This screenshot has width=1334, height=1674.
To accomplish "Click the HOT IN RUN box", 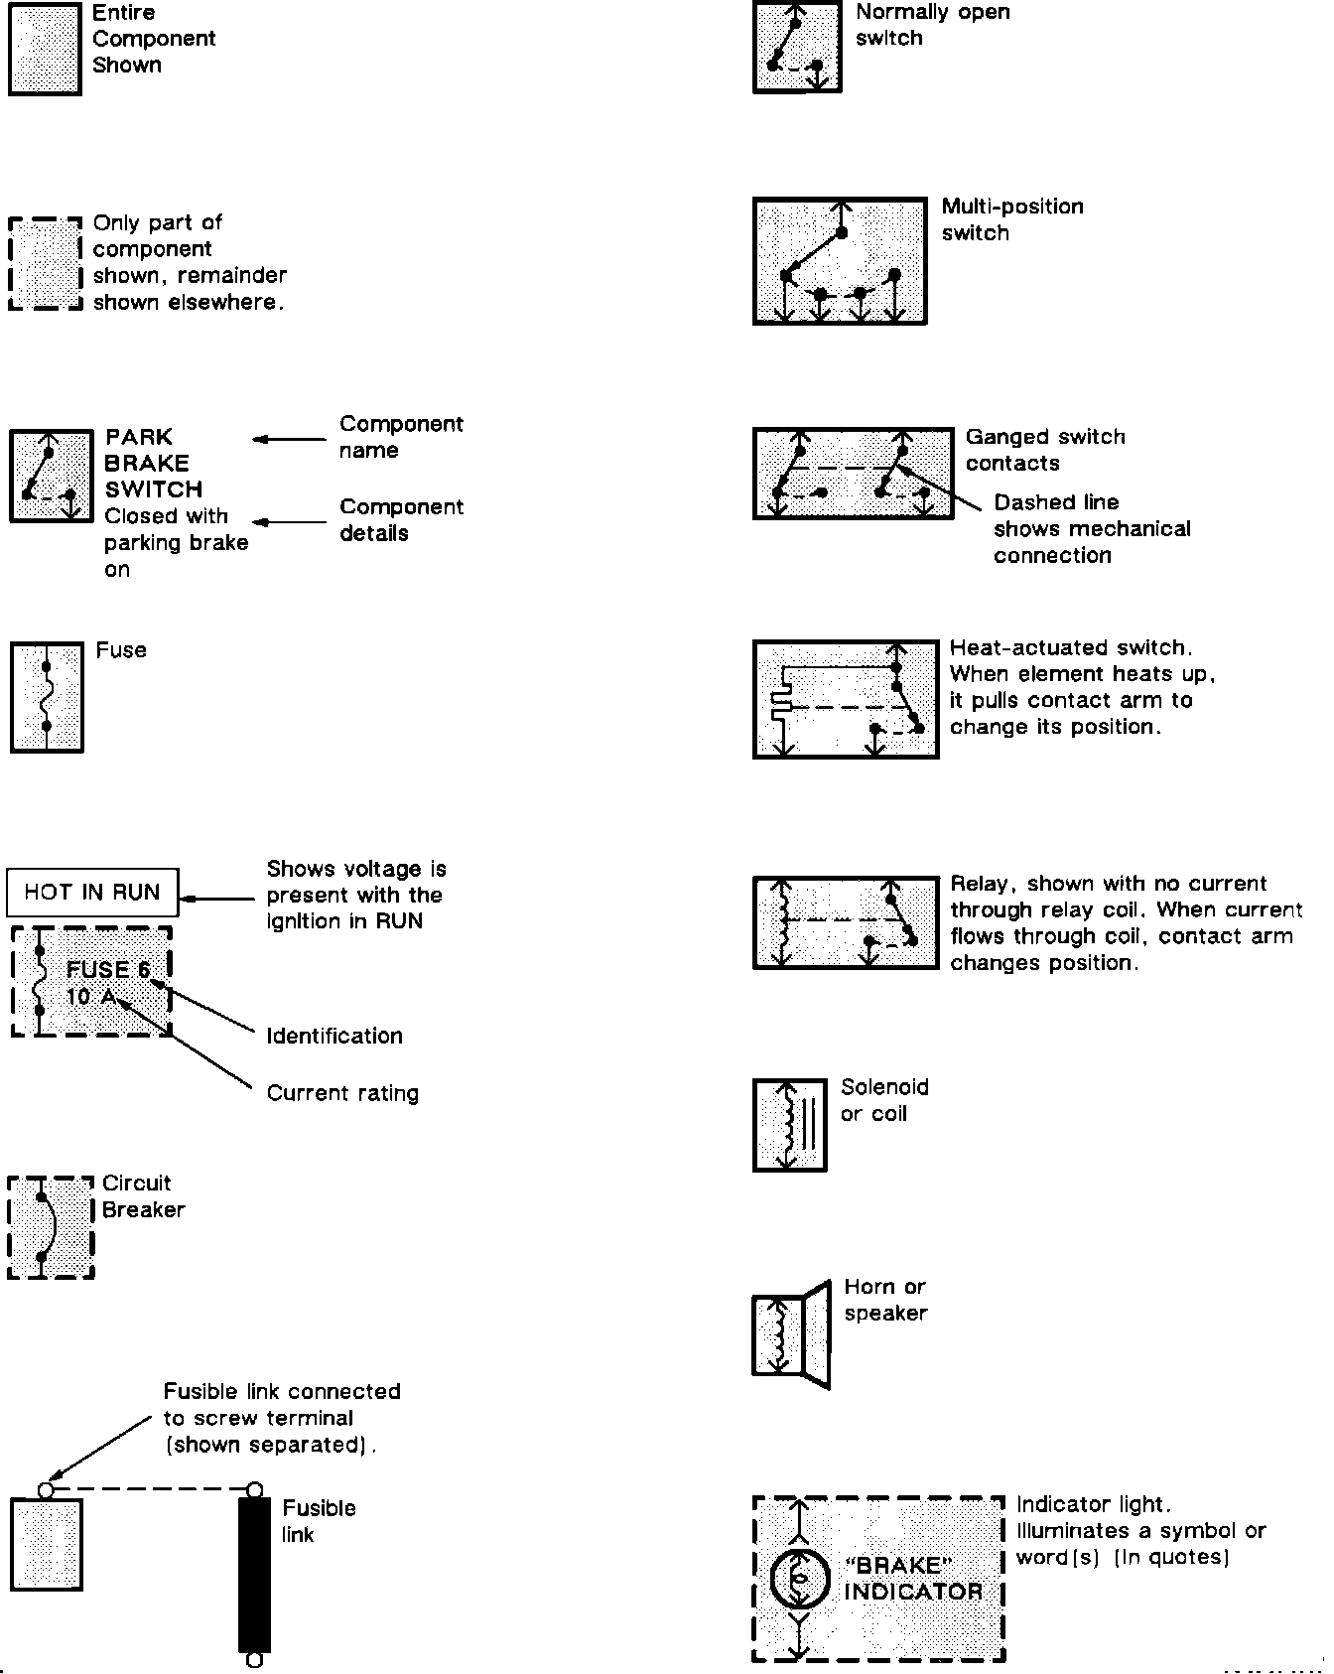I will (92, 892).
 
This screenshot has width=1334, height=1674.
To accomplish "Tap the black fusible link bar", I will (254, 1574).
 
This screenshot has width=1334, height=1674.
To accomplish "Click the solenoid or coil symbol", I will (790, 1125).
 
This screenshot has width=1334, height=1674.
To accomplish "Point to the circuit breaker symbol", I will (51, 1228).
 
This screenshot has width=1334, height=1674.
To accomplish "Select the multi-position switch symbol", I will (840, 261).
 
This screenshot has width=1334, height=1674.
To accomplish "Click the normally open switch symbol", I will (797, 47).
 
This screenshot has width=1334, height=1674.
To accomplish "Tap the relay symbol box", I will (846, 922).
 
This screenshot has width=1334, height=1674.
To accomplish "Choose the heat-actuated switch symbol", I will (846, 699).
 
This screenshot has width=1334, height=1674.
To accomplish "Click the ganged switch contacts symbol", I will (853, 473).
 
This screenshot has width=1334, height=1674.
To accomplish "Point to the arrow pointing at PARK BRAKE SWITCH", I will (289, 439).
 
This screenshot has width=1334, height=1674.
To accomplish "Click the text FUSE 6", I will (108, 969).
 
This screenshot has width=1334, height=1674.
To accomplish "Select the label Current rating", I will (342, 1093).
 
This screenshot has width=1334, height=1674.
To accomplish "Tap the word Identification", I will (334, 1036).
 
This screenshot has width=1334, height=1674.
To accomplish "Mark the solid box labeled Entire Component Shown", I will (45, 49).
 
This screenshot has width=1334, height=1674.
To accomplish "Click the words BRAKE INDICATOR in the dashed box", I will (912, 1578).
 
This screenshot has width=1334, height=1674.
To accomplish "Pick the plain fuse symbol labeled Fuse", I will (47, 696).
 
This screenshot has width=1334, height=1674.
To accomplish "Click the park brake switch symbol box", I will (50, 476).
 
